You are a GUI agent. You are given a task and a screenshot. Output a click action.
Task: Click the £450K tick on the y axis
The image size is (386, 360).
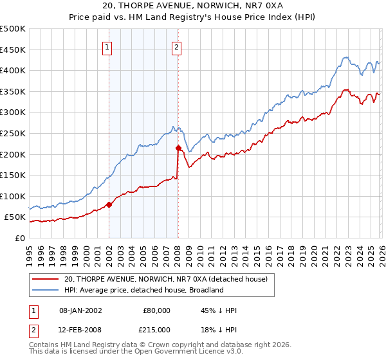click(x=13, y=50)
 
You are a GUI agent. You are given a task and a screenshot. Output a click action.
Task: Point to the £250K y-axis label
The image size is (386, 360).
click(x=13, y=133)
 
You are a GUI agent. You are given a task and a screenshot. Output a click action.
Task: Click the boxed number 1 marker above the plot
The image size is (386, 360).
click(x=108, y=46)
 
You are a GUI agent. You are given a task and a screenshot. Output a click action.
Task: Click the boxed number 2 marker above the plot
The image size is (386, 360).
click(x=176, y=46)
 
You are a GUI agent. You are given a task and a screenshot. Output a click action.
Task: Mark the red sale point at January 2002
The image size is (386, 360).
click(x=109, y=204)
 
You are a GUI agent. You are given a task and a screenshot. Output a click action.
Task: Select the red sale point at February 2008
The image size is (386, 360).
click(x=178, y=148)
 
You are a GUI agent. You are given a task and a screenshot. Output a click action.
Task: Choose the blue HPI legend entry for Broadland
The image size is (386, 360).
click(x=143, y=290)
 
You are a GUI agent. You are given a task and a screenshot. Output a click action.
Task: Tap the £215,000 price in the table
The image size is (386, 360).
click(x=156, y=329)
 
